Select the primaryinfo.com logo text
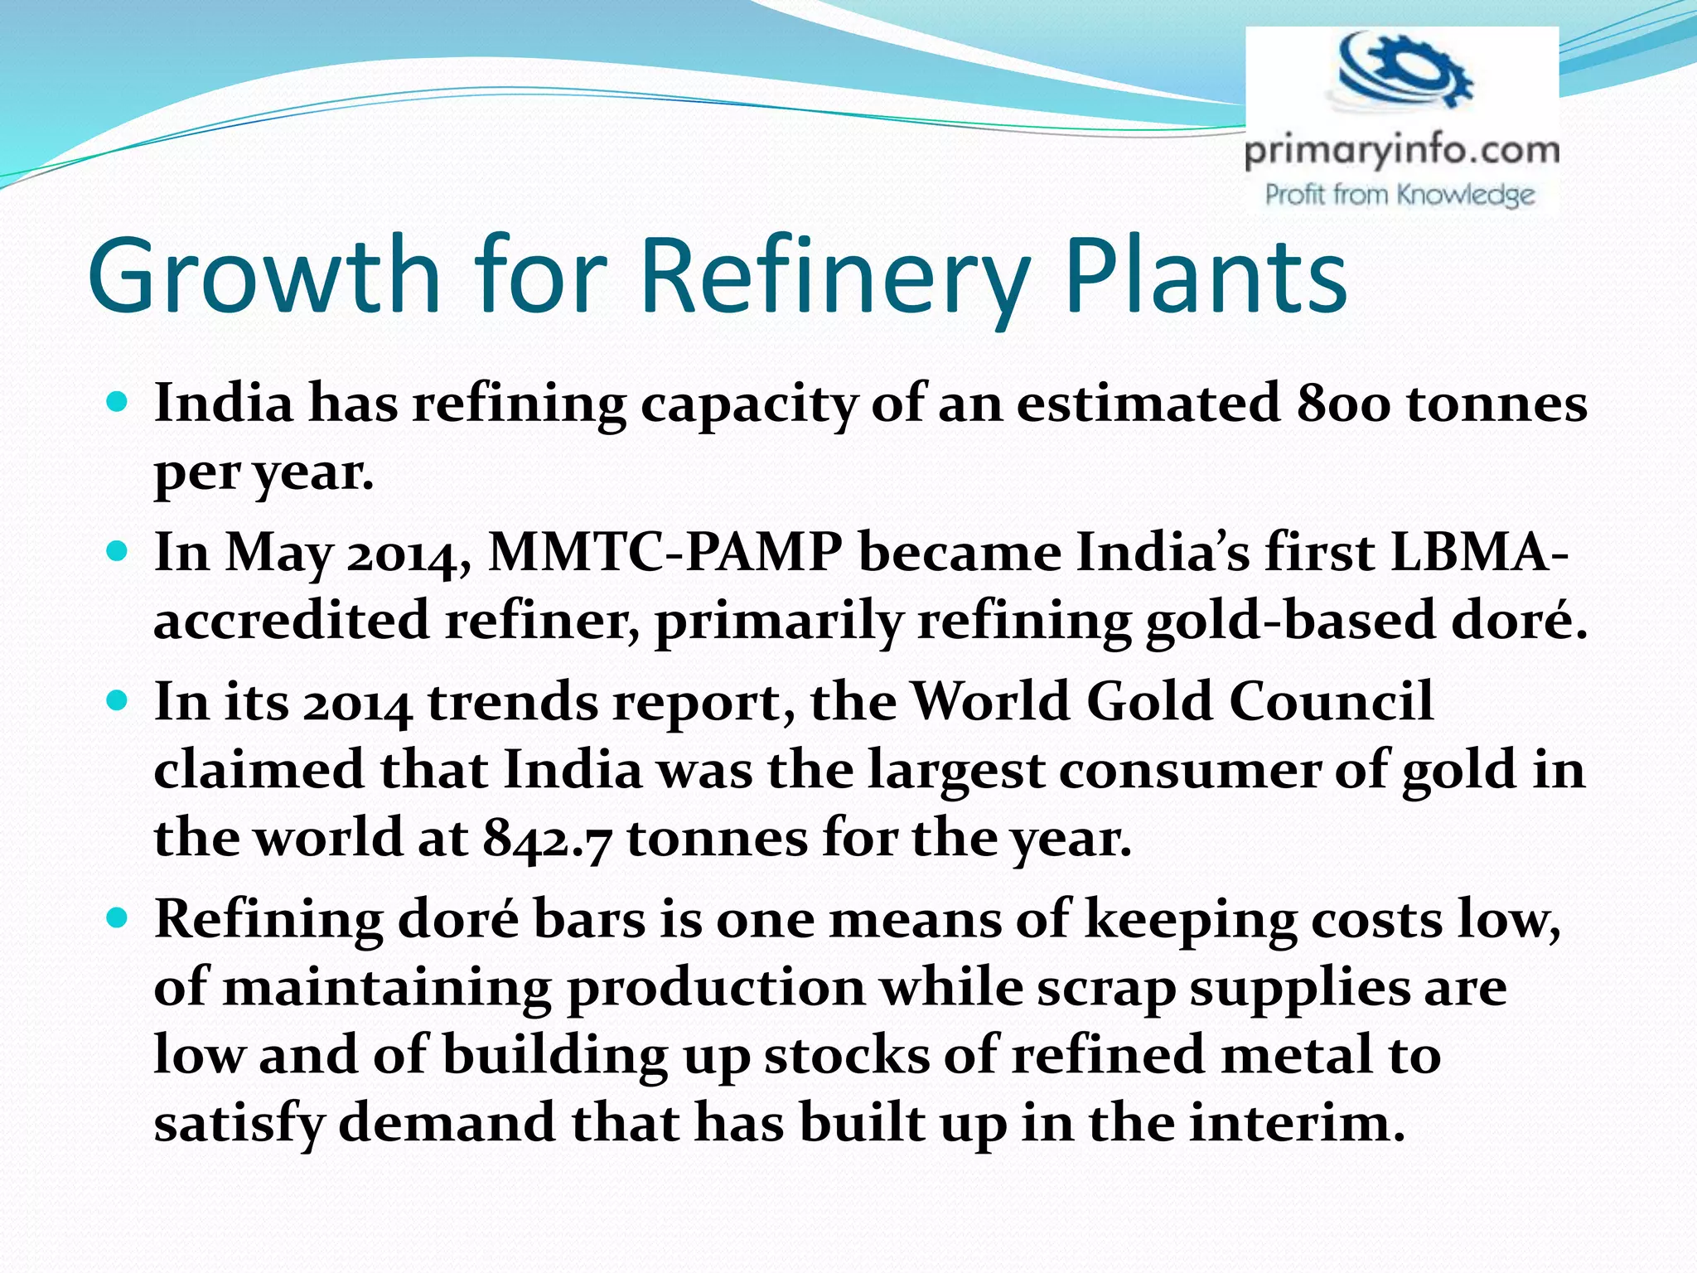(x=1402, y=151)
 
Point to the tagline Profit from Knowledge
(x=1400, y=195)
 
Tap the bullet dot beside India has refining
(x=118, y=403)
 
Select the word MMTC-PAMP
(x=665, y=552)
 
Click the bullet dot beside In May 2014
(x=118, y=551)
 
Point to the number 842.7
(x=547, y=838)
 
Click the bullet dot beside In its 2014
(x=118, y=701)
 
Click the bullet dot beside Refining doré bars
(x=118, y=918)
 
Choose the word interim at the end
(x=1297, y=1124)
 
